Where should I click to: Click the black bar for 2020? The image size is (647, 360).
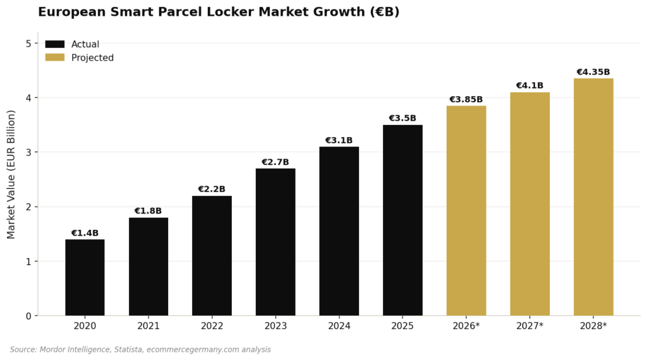point(85,277)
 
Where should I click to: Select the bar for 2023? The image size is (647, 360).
point(275,242)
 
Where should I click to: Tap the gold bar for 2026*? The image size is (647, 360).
point(466,210)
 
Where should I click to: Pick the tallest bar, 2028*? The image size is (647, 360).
point(593,197)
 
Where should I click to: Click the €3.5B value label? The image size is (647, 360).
point(402,119)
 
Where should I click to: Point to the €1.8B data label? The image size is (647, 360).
point(148,211)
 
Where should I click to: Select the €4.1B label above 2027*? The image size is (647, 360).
point(529,86)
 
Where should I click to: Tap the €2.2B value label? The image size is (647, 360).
point(212,189)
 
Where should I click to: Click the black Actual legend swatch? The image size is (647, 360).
point(55,44)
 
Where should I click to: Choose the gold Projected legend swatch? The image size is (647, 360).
point(55,57)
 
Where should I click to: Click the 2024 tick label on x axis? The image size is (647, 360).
point(339,326)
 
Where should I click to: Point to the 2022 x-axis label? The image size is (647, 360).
point(212,326)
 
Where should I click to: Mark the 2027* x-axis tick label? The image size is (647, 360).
point(529,326)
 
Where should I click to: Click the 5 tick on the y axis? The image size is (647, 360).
point(28,44)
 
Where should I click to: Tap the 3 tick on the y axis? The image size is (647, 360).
point(28,152)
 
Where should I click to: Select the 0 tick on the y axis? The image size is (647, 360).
point(28,316)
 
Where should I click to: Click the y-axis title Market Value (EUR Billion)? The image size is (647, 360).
point(11,174)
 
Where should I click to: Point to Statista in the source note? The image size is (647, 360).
point(129,350)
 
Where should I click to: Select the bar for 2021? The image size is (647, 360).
point(148,267)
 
